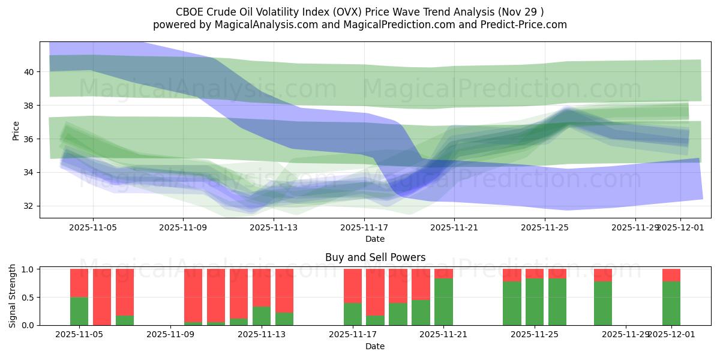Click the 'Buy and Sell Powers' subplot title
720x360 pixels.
[x=375, y=257]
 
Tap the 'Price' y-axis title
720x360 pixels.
[x=16, y=130]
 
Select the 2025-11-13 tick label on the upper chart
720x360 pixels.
[x=274, y=228]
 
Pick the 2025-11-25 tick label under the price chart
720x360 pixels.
[x=545, y=228]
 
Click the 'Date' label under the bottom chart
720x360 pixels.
[x=375, y=346]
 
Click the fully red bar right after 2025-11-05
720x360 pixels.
[x=102, y=297]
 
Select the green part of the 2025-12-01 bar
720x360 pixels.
[x=671, y=303]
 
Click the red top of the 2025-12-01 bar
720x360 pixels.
[x=671, y=275]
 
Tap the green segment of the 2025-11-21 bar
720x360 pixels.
[x=444, y=302]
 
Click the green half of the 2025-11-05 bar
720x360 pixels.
[x=79, y=311]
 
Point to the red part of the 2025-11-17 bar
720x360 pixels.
[x=353, y=286]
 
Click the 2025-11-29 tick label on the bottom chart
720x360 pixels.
[x=626, y=335]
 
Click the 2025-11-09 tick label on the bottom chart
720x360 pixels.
[x=171, y=335]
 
